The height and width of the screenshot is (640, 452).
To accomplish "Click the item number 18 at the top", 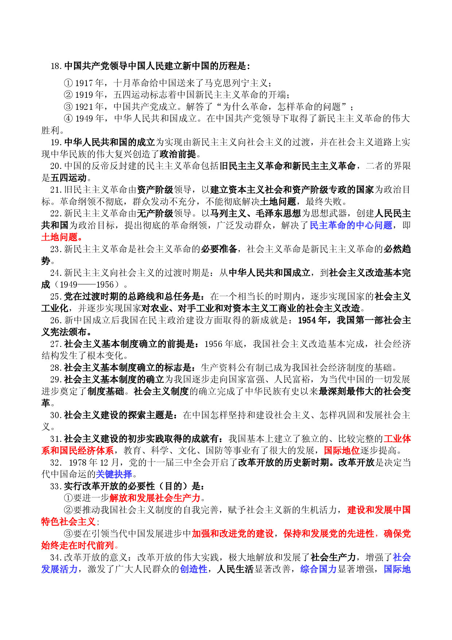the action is pos(55,66).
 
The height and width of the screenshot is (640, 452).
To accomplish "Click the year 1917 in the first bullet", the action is pos(84,83).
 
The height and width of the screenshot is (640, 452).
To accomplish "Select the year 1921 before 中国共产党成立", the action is pos(84,107).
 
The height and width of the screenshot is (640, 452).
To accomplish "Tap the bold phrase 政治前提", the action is pos(178,154).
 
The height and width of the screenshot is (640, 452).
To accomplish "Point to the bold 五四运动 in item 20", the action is pos(69,178).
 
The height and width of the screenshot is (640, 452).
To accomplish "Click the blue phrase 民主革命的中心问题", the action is pos(351,225).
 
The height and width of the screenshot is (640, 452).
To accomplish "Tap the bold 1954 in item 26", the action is pos(307,320).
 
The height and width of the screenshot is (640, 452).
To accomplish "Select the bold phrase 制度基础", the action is pos(106,391).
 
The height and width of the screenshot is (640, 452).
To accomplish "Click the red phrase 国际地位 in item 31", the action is pos(342,450).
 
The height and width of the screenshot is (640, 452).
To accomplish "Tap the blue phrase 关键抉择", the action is pos(114,474).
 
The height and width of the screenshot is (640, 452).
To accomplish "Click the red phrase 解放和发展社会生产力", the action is pos(155,498).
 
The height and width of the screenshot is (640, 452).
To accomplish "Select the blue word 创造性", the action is pos(194,569).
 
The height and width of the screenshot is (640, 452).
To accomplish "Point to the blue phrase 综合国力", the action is pos(319,569).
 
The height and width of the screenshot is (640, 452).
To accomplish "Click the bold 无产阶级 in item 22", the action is pos(155,213).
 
